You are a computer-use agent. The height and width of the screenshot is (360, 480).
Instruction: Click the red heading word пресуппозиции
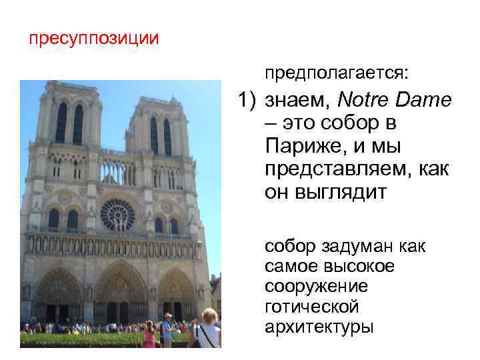[x=93, y=38]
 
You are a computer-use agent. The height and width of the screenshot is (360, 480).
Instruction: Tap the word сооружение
[x=316, y=287]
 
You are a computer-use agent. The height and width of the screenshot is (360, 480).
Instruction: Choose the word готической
[x=311, y=307]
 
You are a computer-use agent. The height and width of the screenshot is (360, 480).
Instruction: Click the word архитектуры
[x=319, y=327]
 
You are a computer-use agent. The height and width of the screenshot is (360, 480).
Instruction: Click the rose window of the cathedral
[x=117, y=215]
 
